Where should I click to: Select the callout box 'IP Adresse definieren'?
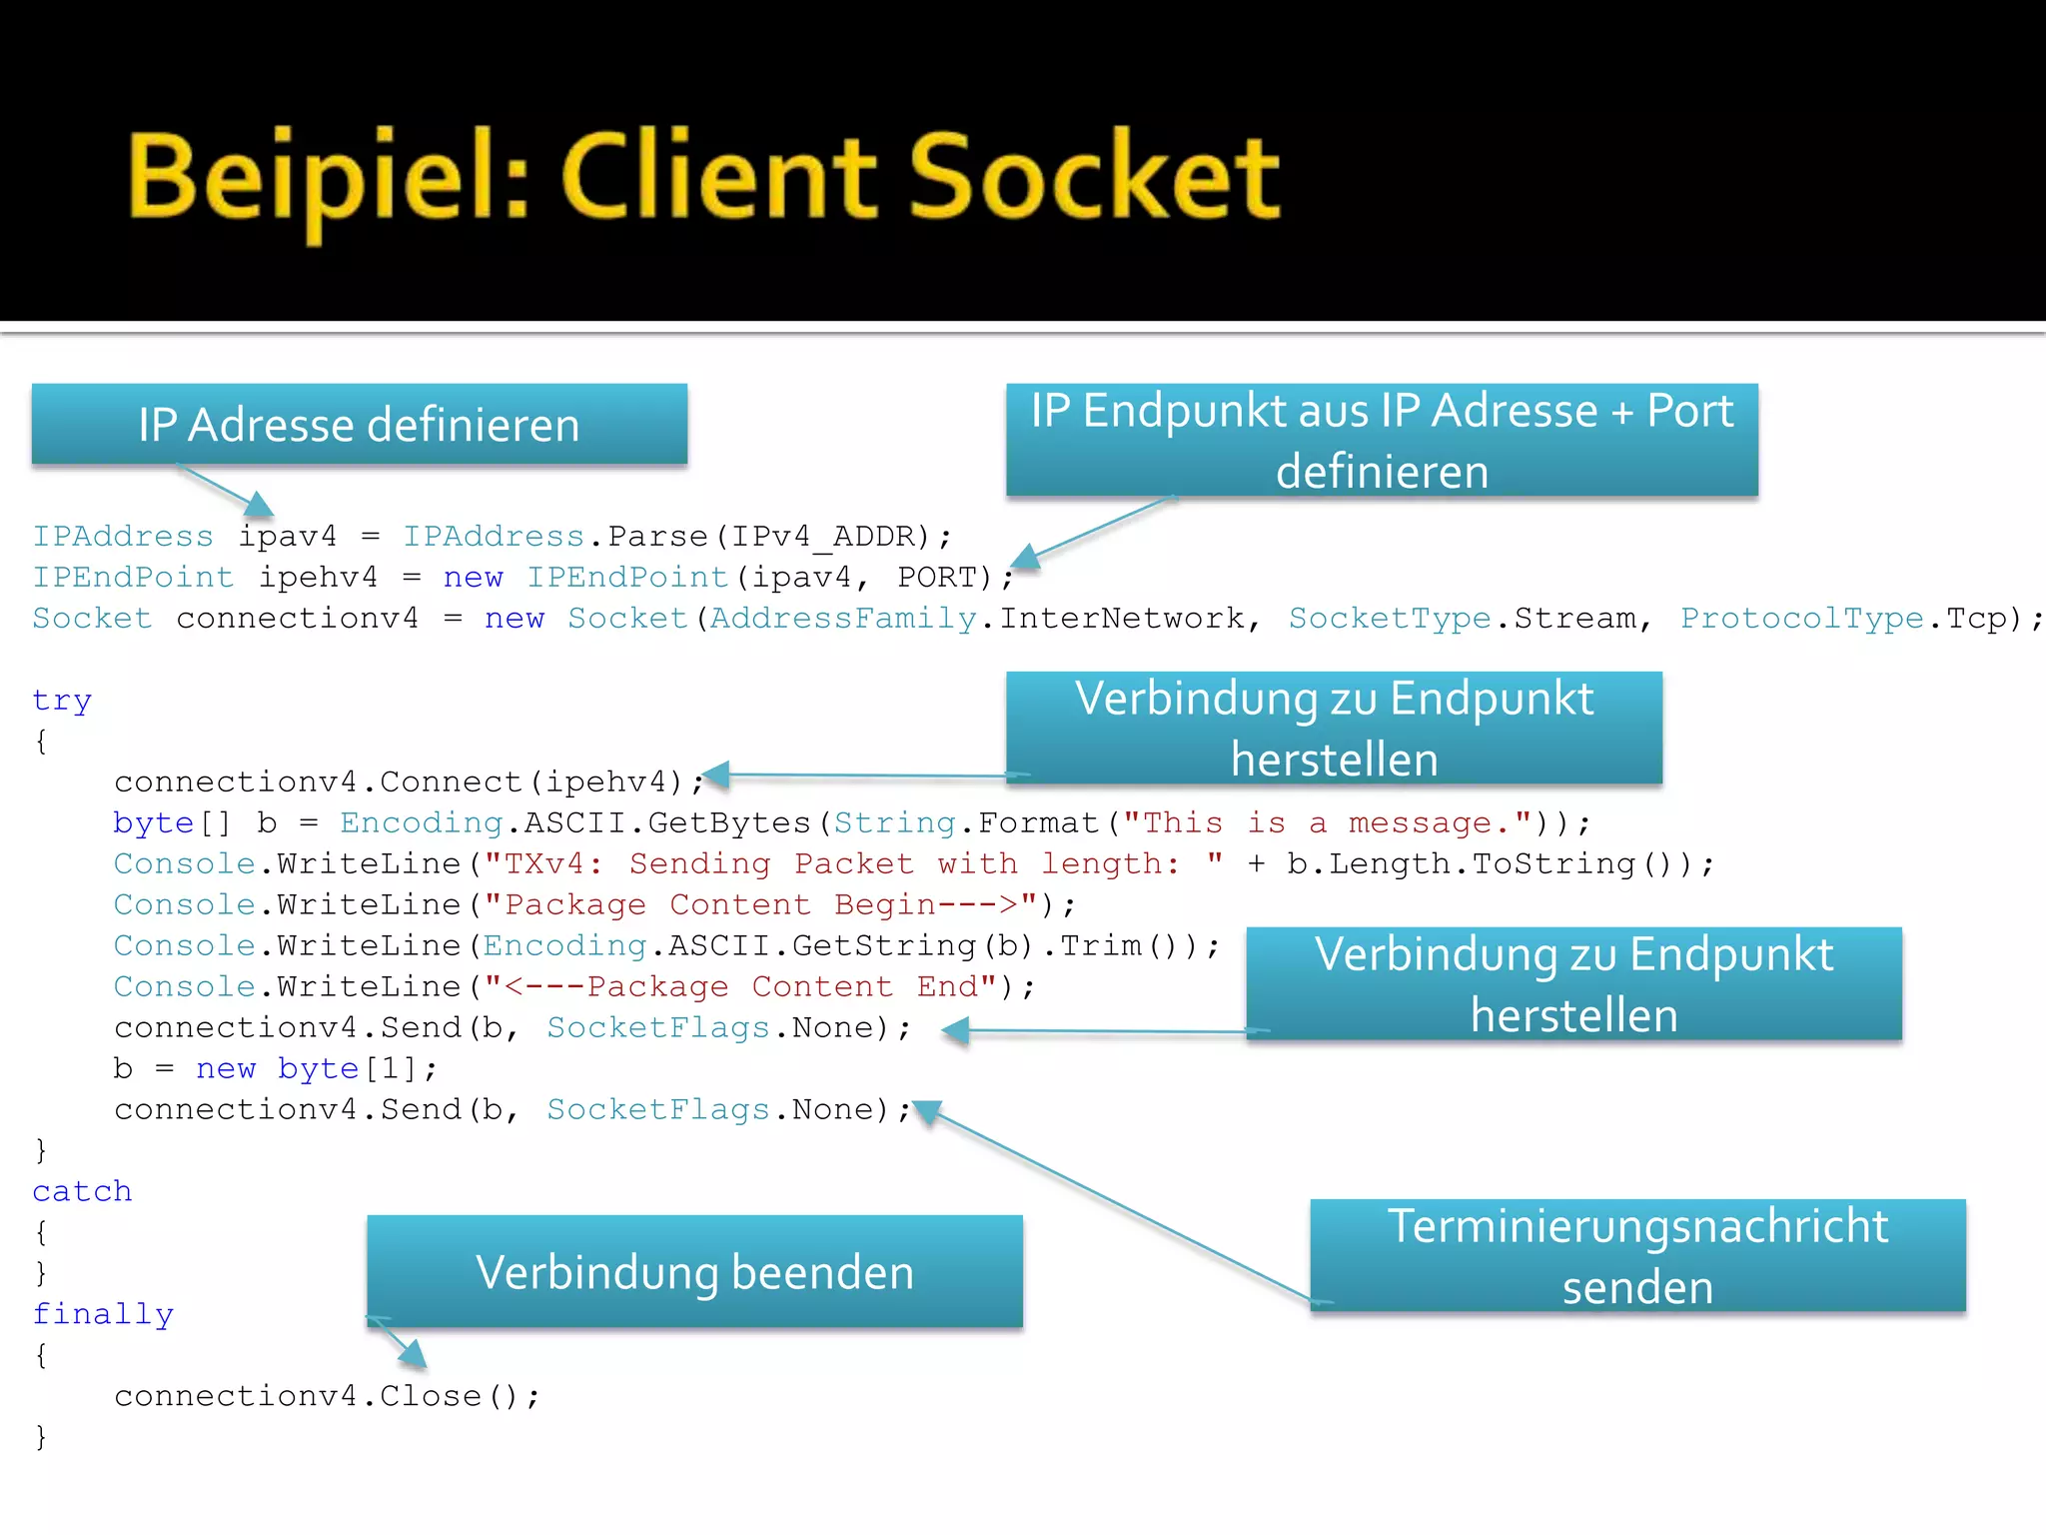click(x=360, y=425)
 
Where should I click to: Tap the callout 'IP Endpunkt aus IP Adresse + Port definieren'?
click(x=1382, y=441)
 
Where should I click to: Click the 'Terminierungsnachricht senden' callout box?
click(x=1637, y=1256)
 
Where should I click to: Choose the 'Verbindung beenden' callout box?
click(x=694, y=1272)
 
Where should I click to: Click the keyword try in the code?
click(x=62, y=701)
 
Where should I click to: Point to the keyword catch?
click(x=82, y=1191)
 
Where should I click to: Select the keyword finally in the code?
click(x=103, y=1314)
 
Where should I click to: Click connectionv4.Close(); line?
click(x=327, y=1396)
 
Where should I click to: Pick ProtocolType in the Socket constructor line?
click(x=1801, y=619)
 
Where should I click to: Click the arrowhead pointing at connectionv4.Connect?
click(x=715, y=774)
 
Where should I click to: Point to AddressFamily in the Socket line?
click(x=843, y=619)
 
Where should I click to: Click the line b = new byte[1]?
click(x=275, y=1069)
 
